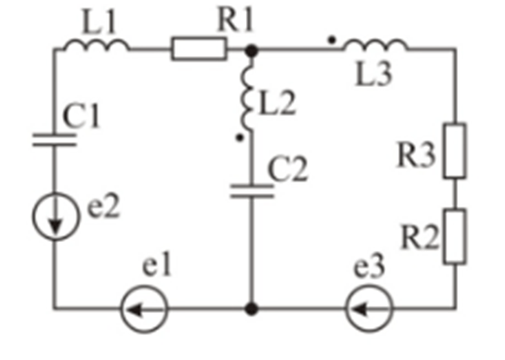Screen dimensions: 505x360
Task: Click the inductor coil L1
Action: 97,44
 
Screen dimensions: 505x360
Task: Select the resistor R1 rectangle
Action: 199,49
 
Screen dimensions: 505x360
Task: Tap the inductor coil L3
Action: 375,44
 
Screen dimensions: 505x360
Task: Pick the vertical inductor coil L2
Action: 247,94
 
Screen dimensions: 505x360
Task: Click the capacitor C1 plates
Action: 54,140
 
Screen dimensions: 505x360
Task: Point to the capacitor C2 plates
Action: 252,192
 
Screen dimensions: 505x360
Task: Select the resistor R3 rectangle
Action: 454,151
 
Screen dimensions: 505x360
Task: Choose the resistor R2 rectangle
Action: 454,237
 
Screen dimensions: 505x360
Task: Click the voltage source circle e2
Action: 55,216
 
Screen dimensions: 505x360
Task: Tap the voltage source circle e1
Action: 144,309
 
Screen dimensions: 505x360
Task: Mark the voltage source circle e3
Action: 369,309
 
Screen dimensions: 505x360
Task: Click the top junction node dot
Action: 251,51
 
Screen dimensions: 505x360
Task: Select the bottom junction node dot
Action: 251,309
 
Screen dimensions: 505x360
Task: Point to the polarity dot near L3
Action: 332,40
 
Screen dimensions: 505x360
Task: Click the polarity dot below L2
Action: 240,137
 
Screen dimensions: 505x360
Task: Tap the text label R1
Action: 235,20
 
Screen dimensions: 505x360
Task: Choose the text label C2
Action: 288,169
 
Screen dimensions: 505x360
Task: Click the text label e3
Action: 369,268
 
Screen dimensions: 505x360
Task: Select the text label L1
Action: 99,21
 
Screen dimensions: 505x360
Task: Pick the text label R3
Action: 417,155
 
